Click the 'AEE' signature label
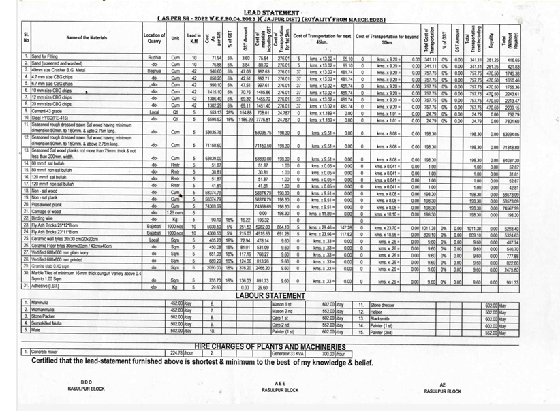click(x=280, y=384)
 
